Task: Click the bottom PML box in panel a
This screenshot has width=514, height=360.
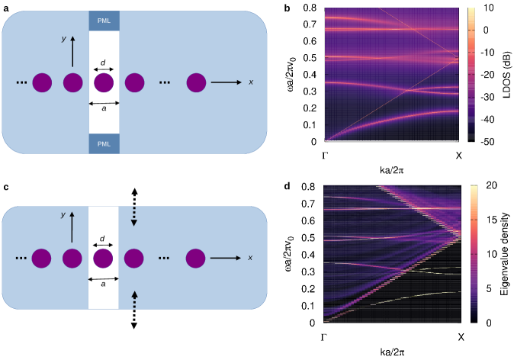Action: pyautogui.click(x=104, y=143)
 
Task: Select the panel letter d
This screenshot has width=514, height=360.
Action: pyautogui.click(x=286, y=187)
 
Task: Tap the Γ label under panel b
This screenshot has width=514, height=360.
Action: pyautogui.click(x=326, y=156)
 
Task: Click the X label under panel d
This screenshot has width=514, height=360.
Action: pyautogui.click(x=459, y=336)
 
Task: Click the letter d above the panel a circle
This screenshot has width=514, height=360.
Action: pyautogui.click(x=104, y=59)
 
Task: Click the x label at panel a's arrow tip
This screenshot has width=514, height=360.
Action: pyautogui.click(x=250, y=82)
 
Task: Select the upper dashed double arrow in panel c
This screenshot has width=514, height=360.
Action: pyautogui.click(x=134, y=207)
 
